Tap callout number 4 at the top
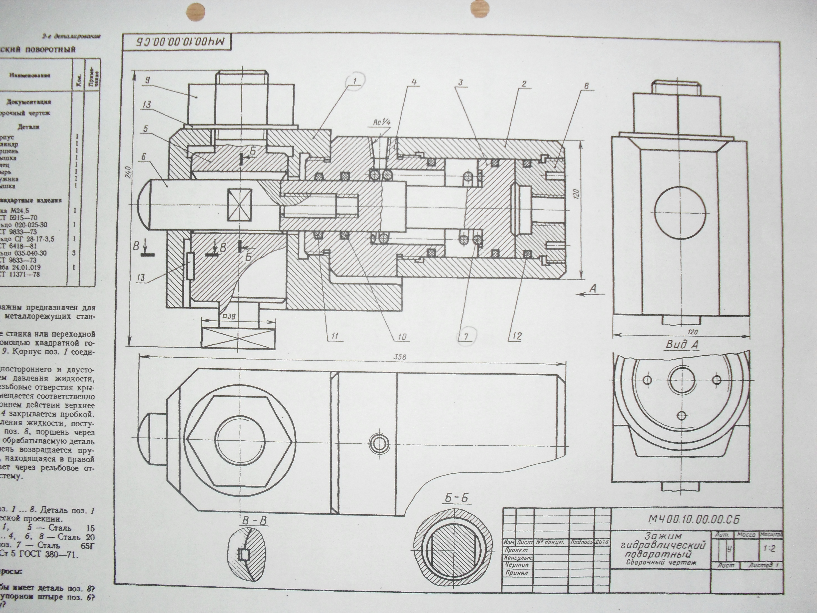pyautogui.click(x=415, y=82)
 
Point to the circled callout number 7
pyautogui.click(x=466, y=336)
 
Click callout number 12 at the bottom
pyautogui.click(x=517, y=336)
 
